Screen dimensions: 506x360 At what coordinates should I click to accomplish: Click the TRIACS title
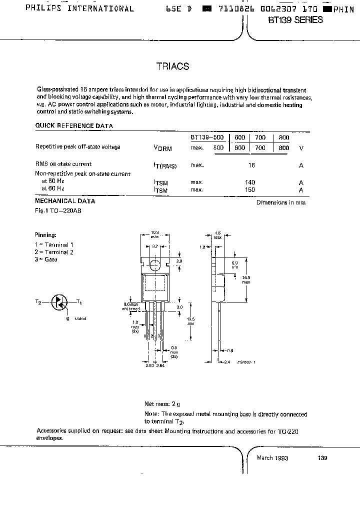[x=173, y=66]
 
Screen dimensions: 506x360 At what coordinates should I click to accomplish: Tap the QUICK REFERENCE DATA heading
[x=74, y=125]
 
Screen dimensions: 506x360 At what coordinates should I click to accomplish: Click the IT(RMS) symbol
[x=165, y=165]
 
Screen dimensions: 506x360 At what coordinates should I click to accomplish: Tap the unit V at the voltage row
[x=301, y=147]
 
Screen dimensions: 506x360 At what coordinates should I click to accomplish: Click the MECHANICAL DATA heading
[x=65, y=201]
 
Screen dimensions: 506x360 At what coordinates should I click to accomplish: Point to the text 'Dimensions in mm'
[x=280, y=202]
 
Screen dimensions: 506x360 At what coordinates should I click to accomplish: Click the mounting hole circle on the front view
[x=155, y=264]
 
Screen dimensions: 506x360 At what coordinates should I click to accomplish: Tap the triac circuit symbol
[x=59, y=302]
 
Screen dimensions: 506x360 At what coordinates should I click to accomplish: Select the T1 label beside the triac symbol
[x=79, y=301]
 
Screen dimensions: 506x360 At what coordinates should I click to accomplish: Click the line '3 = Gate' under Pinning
[x=46, y=259]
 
